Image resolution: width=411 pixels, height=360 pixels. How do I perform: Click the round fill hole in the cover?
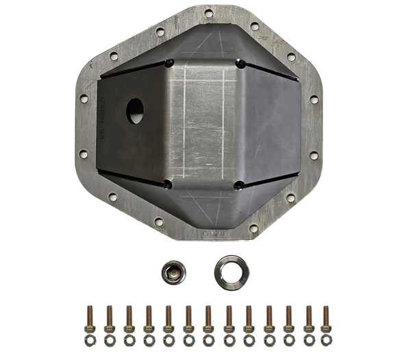pyautogui.click(x=136, y=110)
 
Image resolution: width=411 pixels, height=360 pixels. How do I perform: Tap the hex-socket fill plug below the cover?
pyautogui.click(x=173, y=272)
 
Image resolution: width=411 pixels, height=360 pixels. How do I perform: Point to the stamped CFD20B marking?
pyautogui.click(x=217, y=233)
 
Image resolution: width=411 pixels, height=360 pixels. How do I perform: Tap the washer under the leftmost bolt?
pyautogui.click(x=90, y=340)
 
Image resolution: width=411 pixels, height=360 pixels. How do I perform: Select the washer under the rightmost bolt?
pyautogui.click(x=326, y=340)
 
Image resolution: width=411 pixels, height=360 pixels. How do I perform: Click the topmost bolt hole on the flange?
pyautogui.click(x=208, y=12)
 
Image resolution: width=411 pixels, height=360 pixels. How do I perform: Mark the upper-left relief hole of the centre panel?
pyautogui.click(x=169, y=64)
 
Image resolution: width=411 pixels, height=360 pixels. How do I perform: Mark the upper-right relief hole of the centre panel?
pyautogui.click(x=241, y=64)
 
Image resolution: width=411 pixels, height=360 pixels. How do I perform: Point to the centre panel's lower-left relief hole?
pyautogui.click(x=168, y=184)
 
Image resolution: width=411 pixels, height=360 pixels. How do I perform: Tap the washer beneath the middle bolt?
pyautogui.click(x=208, y=340)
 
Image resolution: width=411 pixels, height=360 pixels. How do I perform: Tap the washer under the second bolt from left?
pyautogui.click(x=109, y=340)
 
